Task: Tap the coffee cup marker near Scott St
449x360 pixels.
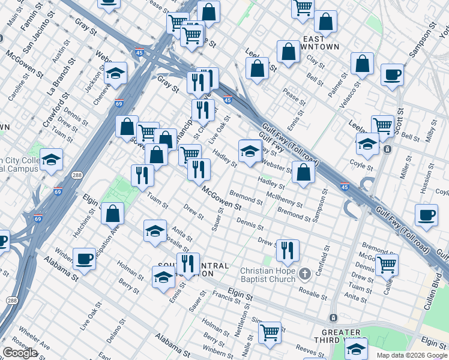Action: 392,76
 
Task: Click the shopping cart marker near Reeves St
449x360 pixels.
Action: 270,331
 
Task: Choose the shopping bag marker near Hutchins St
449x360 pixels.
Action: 112,212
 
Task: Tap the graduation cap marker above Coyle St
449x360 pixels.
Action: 367,144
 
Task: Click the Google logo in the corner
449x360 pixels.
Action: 20,353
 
